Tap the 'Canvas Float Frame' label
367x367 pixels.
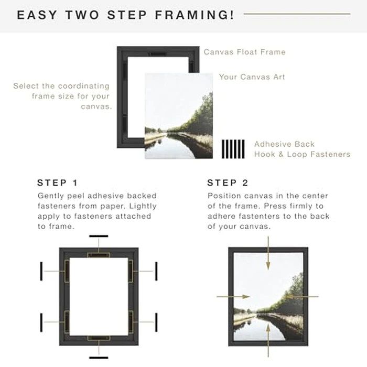[244, 52]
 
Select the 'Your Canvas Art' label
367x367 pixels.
[252, 77]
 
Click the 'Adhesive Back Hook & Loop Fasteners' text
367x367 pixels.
[302, 149]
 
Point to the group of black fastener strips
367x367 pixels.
[233, 149]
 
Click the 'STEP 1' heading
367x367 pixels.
[58, 183]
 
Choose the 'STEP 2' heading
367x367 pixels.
[228, 183]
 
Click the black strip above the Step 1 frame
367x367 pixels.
[99, 236]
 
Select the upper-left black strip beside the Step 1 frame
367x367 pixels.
[41, 272]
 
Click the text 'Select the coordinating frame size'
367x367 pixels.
[61, 91]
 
